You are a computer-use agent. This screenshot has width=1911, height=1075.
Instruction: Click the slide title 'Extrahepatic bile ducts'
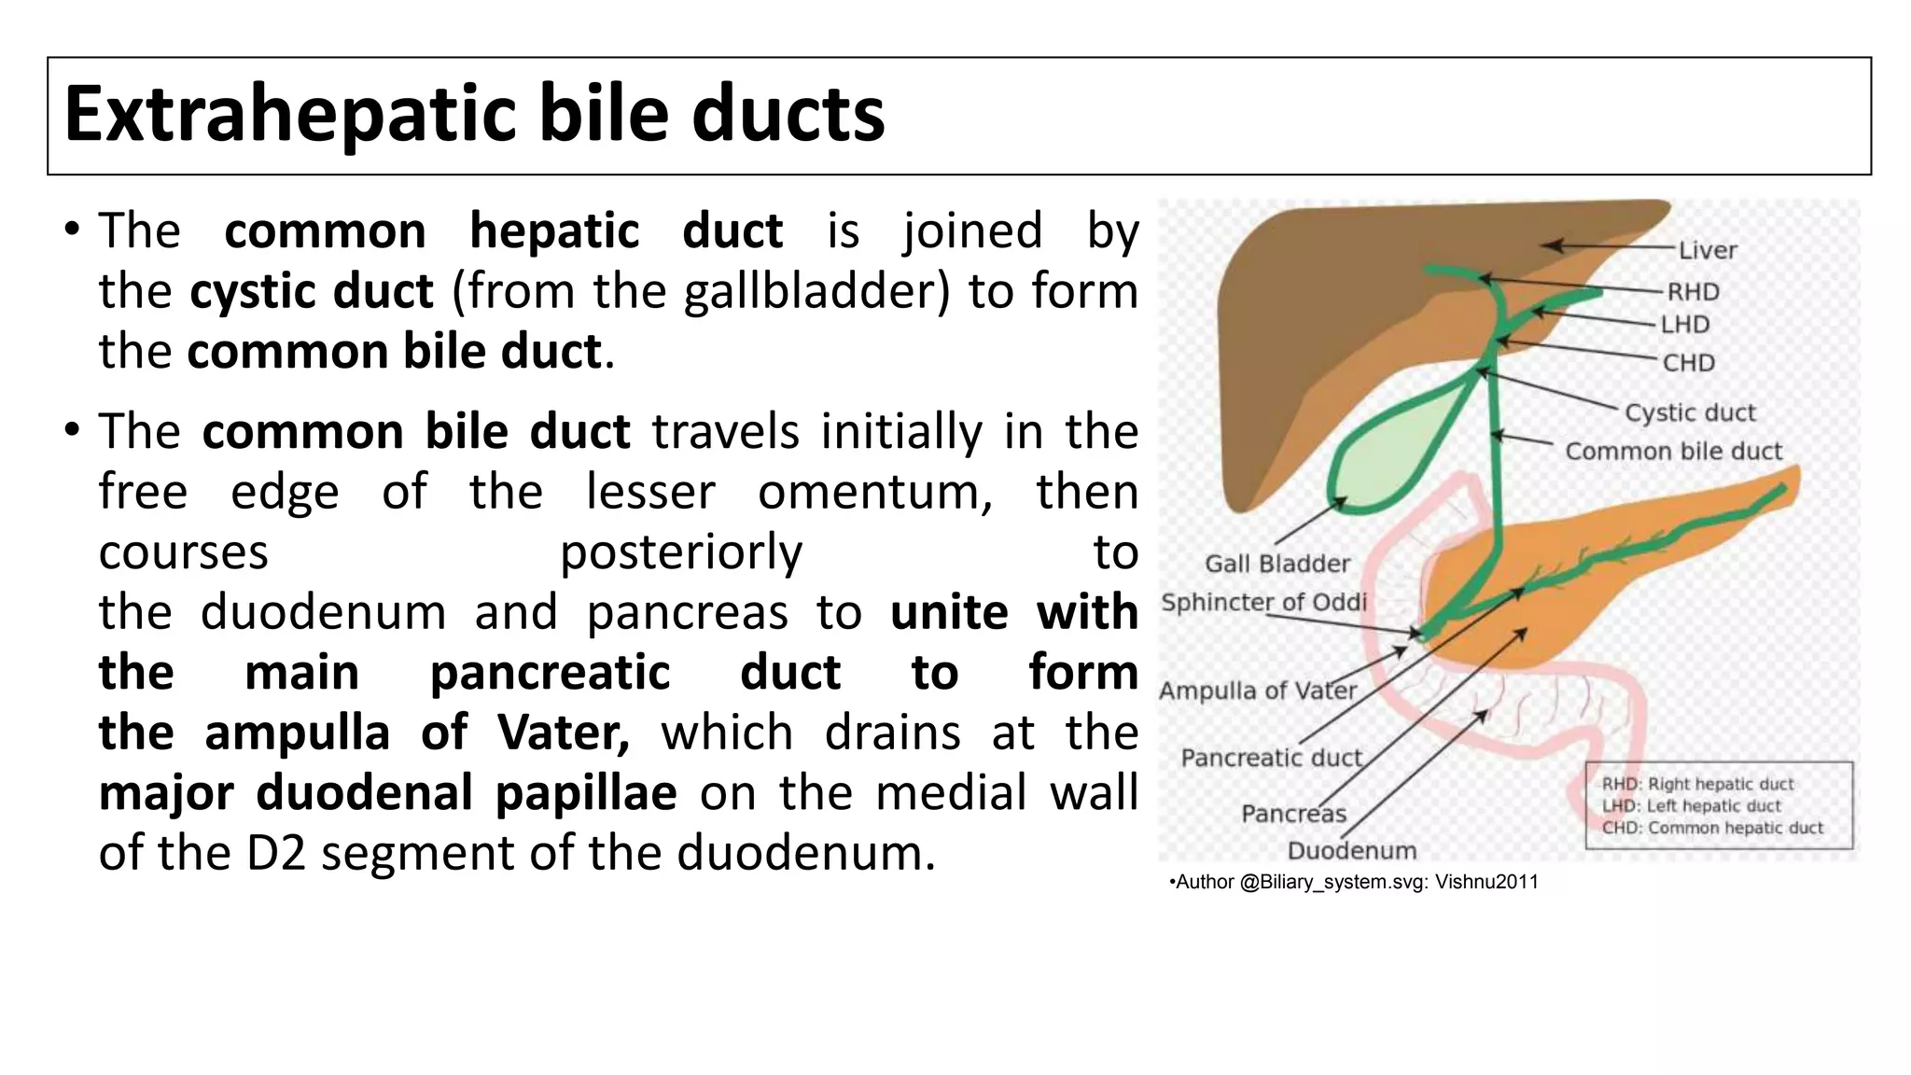pos(474,115)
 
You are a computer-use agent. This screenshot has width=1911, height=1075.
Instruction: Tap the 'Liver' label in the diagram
pos(1707,250)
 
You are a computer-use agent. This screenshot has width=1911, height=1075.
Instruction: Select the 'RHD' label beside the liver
pos(1693,292)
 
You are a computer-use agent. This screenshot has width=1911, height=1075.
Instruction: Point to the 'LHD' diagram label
pos(1685,325)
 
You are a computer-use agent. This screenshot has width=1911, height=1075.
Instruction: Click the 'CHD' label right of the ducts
pos(1688,362)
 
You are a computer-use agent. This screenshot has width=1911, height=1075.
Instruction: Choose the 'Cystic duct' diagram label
pos(1689,412)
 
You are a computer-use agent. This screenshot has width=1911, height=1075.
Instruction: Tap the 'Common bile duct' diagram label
pos(1673,452)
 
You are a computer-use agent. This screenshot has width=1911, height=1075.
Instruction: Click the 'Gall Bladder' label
pos(1276,564)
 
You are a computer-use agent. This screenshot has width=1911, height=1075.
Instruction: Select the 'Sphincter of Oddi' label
pos(1263,602)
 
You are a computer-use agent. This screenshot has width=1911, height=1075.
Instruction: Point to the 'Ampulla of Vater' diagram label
pos(1257,691)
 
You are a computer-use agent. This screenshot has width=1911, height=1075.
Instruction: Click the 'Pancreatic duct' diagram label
pos(1271,758)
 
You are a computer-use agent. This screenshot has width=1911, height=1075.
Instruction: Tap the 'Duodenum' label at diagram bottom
pos(1351,851)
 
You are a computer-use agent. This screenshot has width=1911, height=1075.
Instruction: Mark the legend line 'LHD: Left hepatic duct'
pos(1691,806)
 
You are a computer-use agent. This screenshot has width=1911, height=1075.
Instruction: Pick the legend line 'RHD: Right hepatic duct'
pos(1697,784)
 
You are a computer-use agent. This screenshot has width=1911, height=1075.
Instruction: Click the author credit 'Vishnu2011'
pos(1486,882)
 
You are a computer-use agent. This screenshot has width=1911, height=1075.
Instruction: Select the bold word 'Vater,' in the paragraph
pos(564,733)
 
